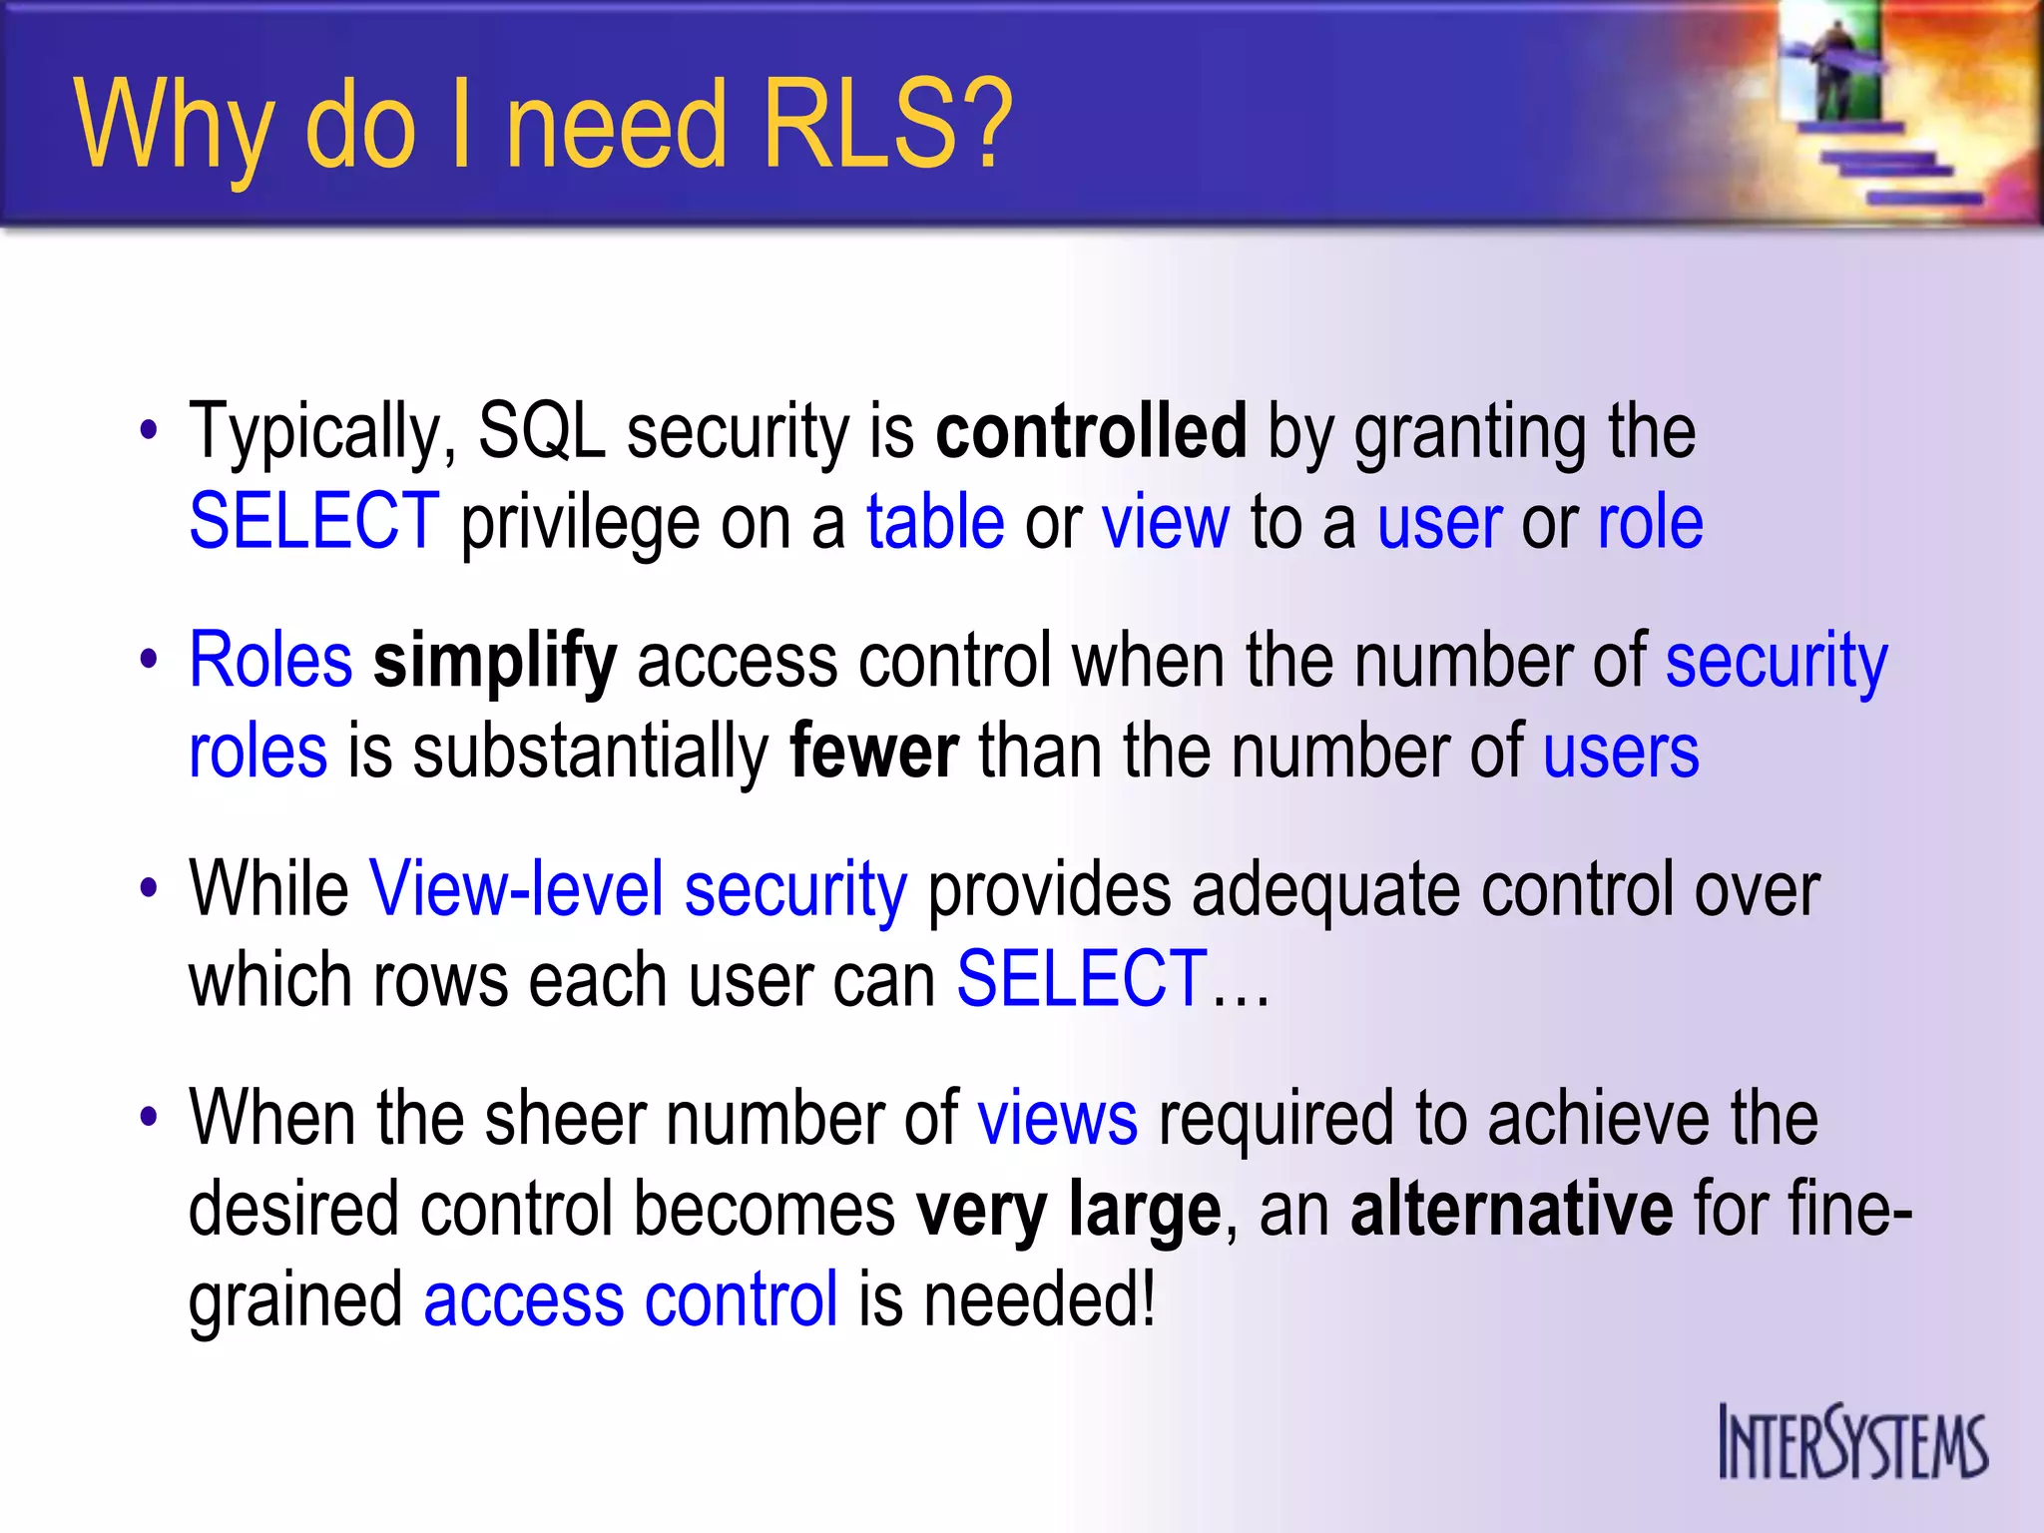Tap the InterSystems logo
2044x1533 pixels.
click(1852, 1442)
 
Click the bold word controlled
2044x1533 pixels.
click(1091, 431)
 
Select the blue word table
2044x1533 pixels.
click(934, 522)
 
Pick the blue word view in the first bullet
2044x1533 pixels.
click(1165, 522)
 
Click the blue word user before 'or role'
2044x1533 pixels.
click(1438, 522)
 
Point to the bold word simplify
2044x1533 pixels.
click(494, 662)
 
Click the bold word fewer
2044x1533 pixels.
click(873, 752)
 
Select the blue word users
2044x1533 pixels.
click(1620, 752)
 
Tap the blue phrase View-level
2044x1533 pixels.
click(516, 888)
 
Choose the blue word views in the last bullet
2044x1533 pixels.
click(1057, 1118)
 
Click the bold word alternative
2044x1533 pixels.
click(1511, 1209)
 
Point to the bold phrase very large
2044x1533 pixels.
click(1068, 1209)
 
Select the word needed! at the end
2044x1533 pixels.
click(1038, 1299)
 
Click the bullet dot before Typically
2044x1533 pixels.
click(149, 432)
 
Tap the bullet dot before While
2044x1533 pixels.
click(149, 888)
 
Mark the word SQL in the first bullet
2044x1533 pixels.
click(541, 431)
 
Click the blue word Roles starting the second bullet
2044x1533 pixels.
click(270, 661)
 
